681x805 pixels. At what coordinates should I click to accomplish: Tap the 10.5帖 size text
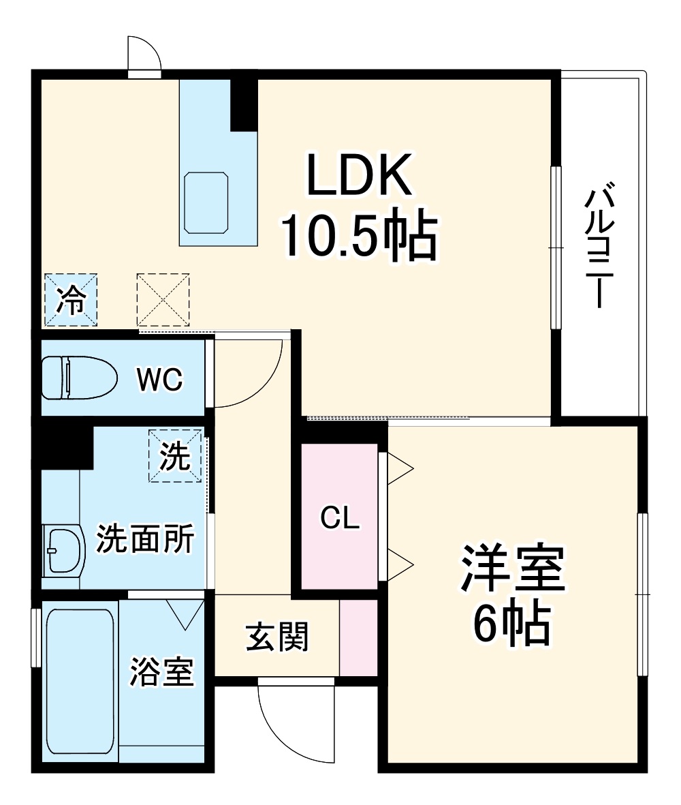click(360, 236)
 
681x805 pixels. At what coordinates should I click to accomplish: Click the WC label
click(160, 380)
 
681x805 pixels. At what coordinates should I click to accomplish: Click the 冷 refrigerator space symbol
click(71, 300)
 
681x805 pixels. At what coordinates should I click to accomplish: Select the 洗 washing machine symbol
click(176, 455)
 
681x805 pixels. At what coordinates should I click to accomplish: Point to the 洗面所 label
click(145, 540)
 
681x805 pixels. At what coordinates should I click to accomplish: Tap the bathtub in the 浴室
click(80, 682)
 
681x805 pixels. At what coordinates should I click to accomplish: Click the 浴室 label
click(163, 672)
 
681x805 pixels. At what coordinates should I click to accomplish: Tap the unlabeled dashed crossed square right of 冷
click(163, 300)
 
